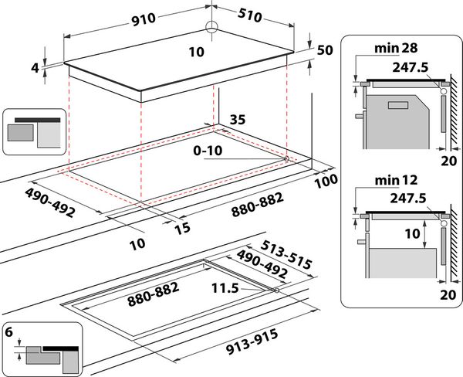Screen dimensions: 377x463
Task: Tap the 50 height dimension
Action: click(x=323, y=50)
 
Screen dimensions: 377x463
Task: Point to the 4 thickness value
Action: click(x=35, y=68)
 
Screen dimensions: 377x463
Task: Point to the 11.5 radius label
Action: click(x=224, y=288)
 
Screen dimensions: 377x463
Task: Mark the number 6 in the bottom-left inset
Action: click(x=10, y=331)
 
